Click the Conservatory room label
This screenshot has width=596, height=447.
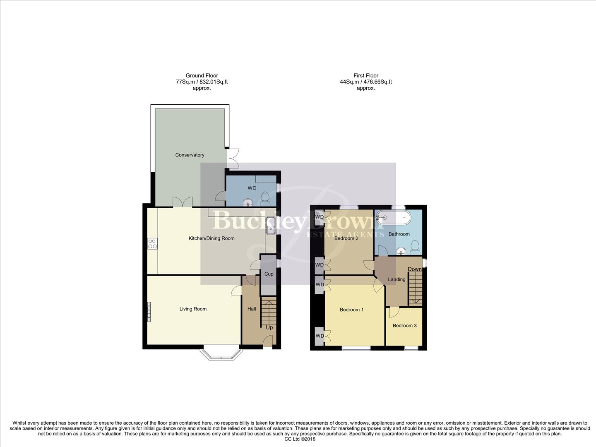pyautogui.click(x=190, y=155)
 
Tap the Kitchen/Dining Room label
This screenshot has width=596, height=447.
pyautogui.click(x=211, y=238)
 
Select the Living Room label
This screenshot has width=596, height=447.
pyautogui.click(x=193, y=309)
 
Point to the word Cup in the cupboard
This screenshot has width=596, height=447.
pyautogui.click(x=269, y=274)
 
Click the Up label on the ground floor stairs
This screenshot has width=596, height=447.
pyautogui.click(x=269, y=327)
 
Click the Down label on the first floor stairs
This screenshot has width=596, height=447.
pyautogui.click(x=415, y=269)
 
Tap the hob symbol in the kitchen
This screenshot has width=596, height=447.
pyautogui.click(x=152, y=244)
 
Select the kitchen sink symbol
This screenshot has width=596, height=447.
pyautogui.click(x=271, y=226)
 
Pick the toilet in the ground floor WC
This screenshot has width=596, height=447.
pyautogui.click(x=265, y=199)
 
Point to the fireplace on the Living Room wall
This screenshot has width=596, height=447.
pyautogui.click(x=149, y=311)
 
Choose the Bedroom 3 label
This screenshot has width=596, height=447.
pyautogui.click(x=404, y=325)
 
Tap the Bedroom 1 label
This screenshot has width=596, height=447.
pyautogui.click(x=351, y=310)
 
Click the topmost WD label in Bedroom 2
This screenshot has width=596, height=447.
pyautogui.click(x=319, y=217)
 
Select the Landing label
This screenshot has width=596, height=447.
pyautogui.click(x=397, y=279)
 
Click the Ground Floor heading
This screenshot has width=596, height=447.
pyautogui.click(x=202, y=75)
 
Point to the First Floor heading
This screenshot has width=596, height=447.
pyautogui.click(x=366, y=75)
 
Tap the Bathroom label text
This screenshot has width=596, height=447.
pyautogui.click(x=399, y=234)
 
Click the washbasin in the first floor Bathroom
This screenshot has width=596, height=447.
pyautogui.click(x=401, y=250)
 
